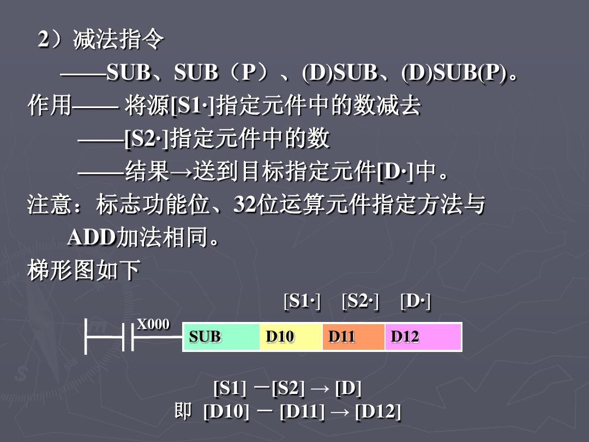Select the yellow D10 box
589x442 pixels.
point(291,337)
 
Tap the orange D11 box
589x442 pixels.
point(353,337)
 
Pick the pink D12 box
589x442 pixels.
point(423,337)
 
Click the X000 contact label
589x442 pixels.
point(153,324)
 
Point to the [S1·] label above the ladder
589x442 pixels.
point(302,301)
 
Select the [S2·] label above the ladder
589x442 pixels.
point(360,301)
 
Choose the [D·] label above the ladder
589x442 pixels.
point(415,301)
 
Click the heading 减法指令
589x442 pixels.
point(118,40)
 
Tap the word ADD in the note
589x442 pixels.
point(91,238)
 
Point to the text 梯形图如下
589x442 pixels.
point(84,270)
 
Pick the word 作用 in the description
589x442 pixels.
point(50,106)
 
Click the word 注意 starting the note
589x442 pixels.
point(50,206)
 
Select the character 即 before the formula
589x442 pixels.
point(183,411)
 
